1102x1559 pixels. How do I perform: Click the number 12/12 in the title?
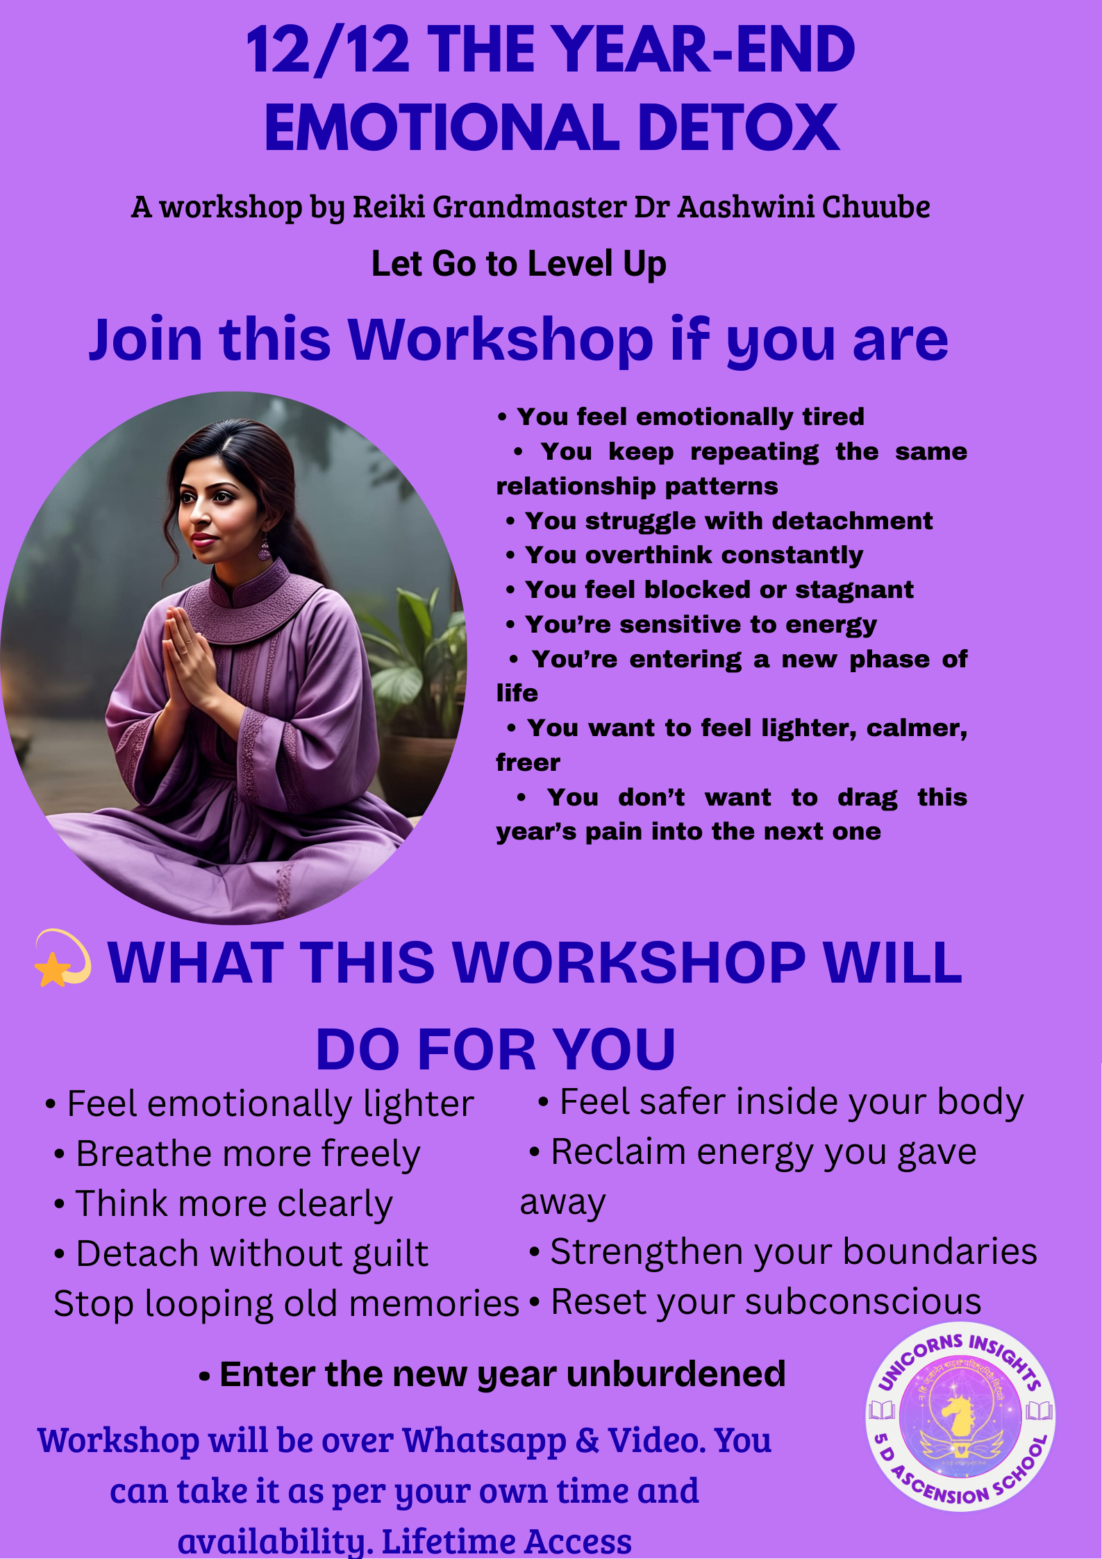click(x=328, y=50)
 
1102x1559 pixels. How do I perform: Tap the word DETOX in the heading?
click(x=738, y=127)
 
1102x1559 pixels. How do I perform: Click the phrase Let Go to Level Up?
click(x=519, y=264)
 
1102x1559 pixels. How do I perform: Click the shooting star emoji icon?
click(x=62, y=958)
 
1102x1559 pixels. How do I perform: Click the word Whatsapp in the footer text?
click(x=484, y=1442)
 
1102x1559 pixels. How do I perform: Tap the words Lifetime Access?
click(x=507, y=1542)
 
